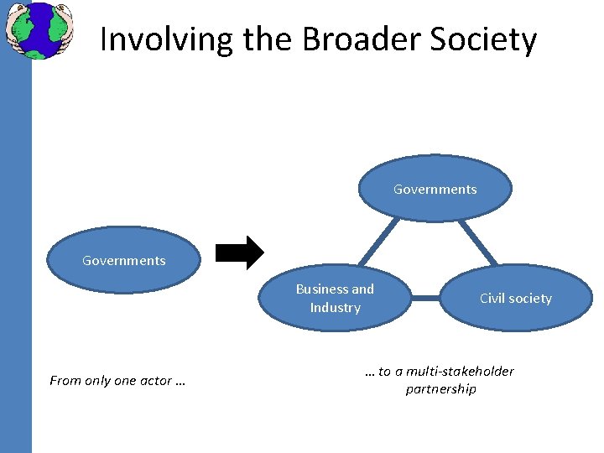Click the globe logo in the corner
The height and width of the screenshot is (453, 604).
click(39, 30)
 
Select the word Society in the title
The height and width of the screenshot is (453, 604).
click(486, 39)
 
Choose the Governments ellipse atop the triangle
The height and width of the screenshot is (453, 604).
click(435, 189)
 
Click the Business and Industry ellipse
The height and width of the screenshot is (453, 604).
click(335, 298)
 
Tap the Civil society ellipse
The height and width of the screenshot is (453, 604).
click(516, 298)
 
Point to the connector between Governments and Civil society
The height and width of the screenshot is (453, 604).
click(477, 242)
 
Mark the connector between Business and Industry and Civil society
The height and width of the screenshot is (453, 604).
click(426, 297)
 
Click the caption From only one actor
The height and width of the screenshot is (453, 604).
click(117, 381)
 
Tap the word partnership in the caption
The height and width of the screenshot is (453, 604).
click(440, 389)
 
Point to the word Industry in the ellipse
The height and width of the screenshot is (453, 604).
click(335, 308)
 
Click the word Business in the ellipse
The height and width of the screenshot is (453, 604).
click(322, 289)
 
